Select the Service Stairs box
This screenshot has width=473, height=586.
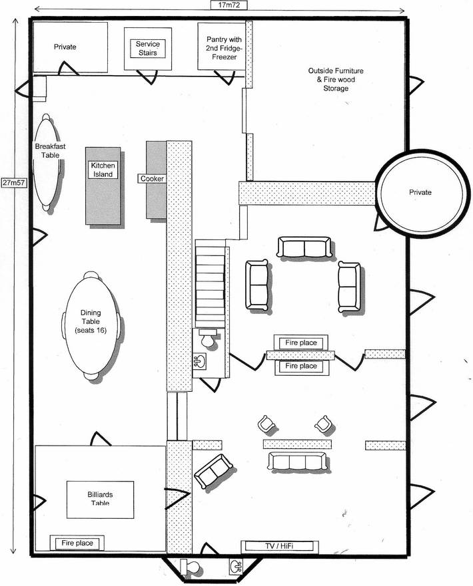click(147, 48)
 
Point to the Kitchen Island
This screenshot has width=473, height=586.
click(103, 184)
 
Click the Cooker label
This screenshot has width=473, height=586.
click(151, 179)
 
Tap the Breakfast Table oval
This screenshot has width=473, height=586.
click(47, 162)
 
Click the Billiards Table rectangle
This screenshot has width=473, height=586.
click(100, 499)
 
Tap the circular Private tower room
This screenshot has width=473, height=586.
click(420, 192)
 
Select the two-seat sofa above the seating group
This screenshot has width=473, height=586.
click(304, 247)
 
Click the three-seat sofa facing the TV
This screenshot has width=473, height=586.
click(297, 461)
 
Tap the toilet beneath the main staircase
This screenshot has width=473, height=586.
click(208, 339)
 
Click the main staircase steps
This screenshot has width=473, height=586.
click(209, 283)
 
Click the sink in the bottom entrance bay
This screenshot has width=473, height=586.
click(235, 567)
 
